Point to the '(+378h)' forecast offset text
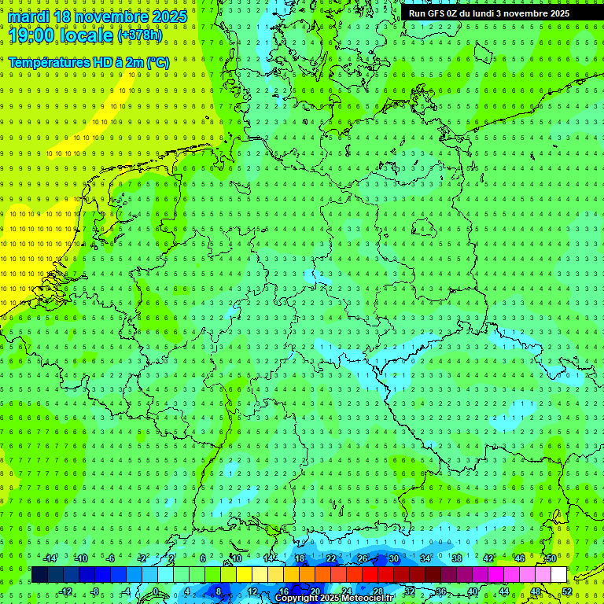(x=142, y=35)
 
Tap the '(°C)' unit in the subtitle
(x=157, y=62)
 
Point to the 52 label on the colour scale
(x=567, y=591)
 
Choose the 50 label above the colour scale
(x=551, y=558)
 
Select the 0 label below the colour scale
(x=157, y=591)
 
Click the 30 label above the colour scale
(x=394, y=558)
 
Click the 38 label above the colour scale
(x=457, y=558)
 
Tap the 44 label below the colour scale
(x=504, y=591)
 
